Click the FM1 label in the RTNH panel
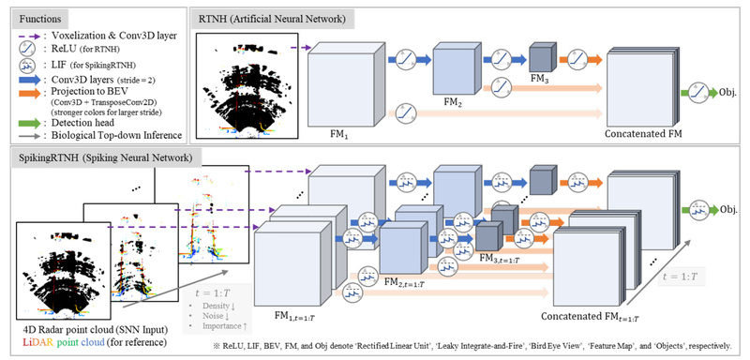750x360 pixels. [340, 134]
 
